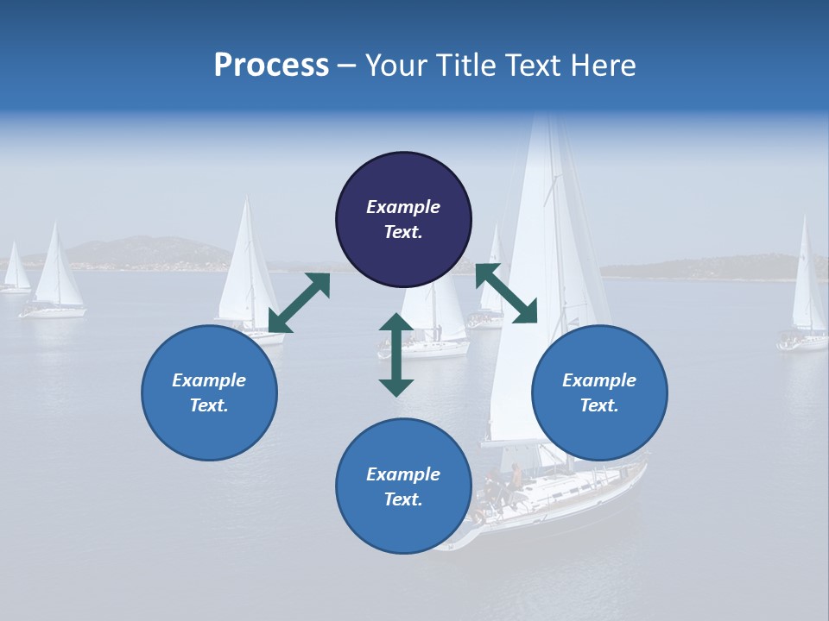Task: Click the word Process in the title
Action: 271,66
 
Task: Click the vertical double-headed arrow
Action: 396,354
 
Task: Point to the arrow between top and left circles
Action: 299,303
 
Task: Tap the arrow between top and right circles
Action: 506,294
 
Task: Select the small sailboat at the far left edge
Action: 15,271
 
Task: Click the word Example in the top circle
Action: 403,207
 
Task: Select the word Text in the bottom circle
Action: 402,500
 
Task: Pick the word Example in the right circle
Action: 599,380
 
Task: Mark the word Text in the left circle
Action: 207,405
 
